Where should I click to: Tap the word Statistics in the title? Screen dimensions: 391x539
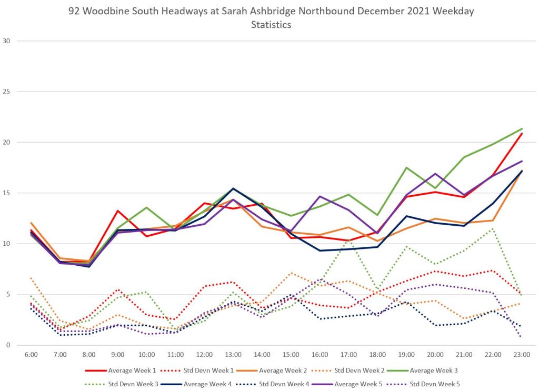pyautogui.click(x=271, y=25)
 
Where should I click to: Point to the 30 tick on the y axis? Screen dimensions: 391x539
pyautogui.click(x=6, y=41)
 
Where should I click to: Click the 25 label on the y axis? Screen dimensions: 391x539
pyautogui.click(x=6, y=92)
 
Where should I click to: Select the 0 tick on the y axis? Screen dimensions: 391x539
pyautogui.click(x=6, y=345)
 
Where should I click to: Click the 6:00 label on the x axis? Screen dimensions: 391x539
pyautogui.click(x=32, y=355)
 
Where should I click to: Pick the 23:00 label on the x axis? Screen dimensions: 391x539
pyautogui.click(x=521, y=355)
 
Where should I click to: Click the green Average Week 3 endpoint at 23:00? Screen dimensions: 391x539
pyautogui.click(x=522, y=128)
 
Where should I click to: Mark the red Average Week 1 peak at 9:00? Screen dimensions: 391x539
pyautogui.click(x=118, y=210)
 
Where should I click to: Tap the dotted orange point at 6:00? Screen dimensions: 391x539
pyautogui.click(x=32, y=277)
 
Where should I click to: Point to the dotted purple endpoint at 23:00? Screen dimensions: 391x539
pyautogui.click(x=522, y=336)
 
